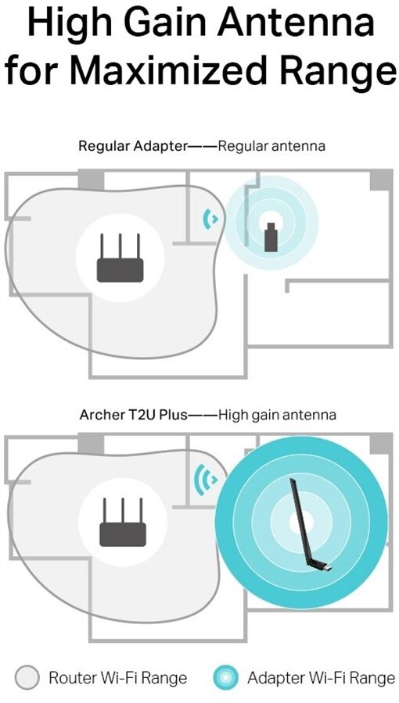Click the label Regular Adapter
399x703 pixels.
pos(132,146)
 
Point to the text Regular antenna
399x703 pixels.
pos(271,146)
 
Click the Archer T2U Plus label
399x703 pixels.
pos(133,415)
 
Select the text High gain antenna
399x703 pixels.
pos(277,416)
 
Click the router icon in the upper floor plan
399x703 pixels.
pos(120,258)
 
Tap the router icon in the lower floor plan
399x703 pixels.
pos(123,523)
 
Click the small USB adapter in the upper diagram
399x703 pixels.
pos(271,237)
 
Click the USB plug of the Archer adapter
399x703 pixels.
pos(327,568)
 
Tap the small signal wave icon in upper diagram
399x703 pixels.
pos(210,219)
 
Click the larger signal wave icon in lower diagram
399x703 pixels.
pos(206,480)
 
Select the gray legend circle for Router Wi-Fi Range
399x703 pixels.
pos(27,677)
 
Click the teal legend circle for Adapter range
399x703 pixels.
pos(226,676)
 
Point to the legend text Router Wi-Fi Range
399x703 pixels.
pos(117,677)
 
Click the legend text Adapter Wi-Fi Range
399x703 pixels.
pos(321,677)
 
